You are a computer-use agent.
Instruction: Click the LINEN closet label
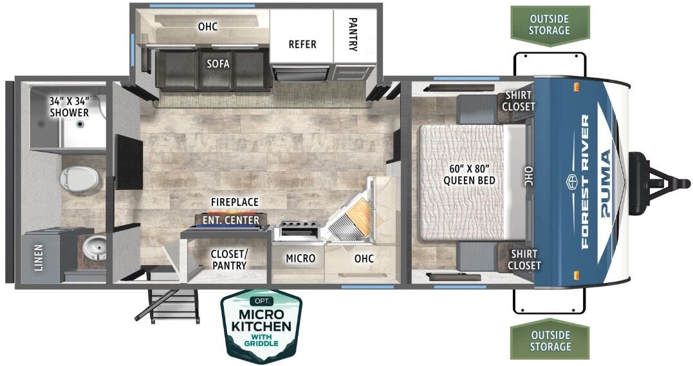39,257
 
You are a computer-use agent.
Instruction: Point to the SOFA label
218,64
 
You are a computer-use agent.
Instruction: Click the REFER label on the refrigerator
302,44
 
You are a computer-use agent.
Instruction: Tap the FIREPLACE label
234,201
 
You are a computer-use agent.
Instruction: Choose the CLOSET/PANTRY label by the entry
228,259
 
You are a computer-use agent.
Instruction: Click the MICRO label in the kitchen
300,258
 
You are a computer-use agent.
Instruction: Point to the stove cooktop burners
297,230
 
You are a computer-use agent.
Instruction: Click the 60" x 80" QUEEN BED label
469,174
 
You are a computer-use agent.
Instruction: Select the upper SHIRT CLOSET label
518,101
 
